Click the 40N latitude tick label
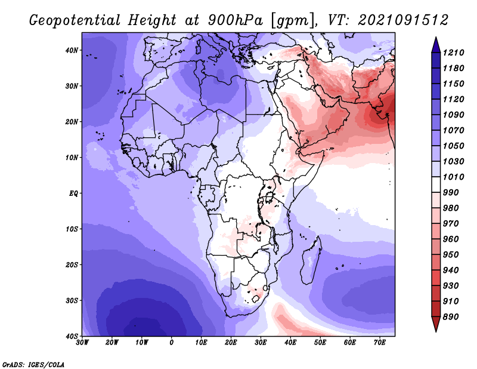pyautogui.click(x=72, y=50)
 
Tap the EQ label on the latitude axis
pyautogui.click(x=73, y=193)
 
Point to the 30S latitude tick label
pyautogui.click(x=72, y=300)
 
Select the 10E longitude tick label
pyautogui.click(x=201, y=343)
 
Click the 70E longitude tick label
pyautogui.click(x=380, y=343)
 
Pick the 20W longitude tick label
pyautogui.click(x=111, y=343)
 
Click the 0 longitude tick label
pyautogui.click(x=172, y=343)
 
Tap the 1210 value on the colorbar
pyautogui.click(x=453, y=53)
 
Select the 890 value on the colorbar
pyautogui.click(x=451, y=317)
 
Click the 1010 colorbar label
pyautogui.click(x=453, y=177)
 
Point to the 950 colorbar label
pyautogui.click(x=451, y=255)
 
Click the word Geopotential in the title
pyautogui.click(x=75, y=21)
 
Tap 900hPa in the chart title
pyautogui.click(x=235, y=20)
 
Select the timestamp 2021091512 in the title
pyautogui.click(x=403, y=20)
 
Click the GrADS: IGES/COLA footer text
pyautogui.click(x=33, y=364)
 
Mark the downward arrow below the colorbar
pyautogui.click(x=436, y=324)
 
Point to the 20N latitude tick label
pyautogui.click(x=72, y=122)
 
